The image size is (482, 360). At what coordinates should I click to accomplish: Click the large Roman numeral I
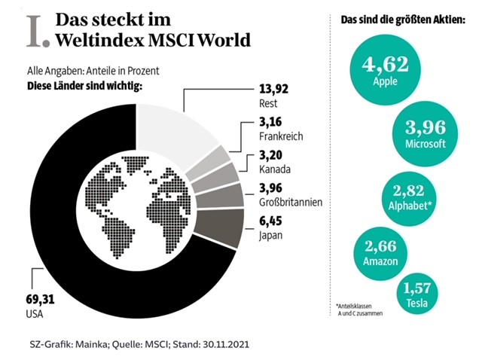pos(34,29)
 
